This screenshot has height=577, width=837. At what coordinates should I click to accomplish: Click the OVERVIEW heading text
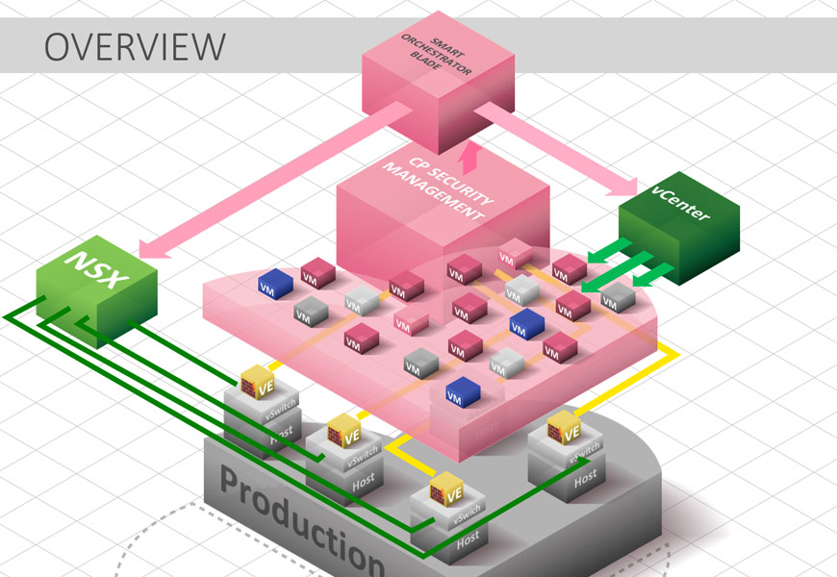click(x=136, y=45)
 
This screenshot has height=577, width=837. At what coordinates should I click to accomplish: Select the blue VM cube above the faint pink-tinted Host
click(x=463, y=390)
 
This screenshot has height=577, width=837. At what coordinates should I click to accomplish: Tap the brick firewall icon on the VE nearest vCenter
click(x=555, y=430)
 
